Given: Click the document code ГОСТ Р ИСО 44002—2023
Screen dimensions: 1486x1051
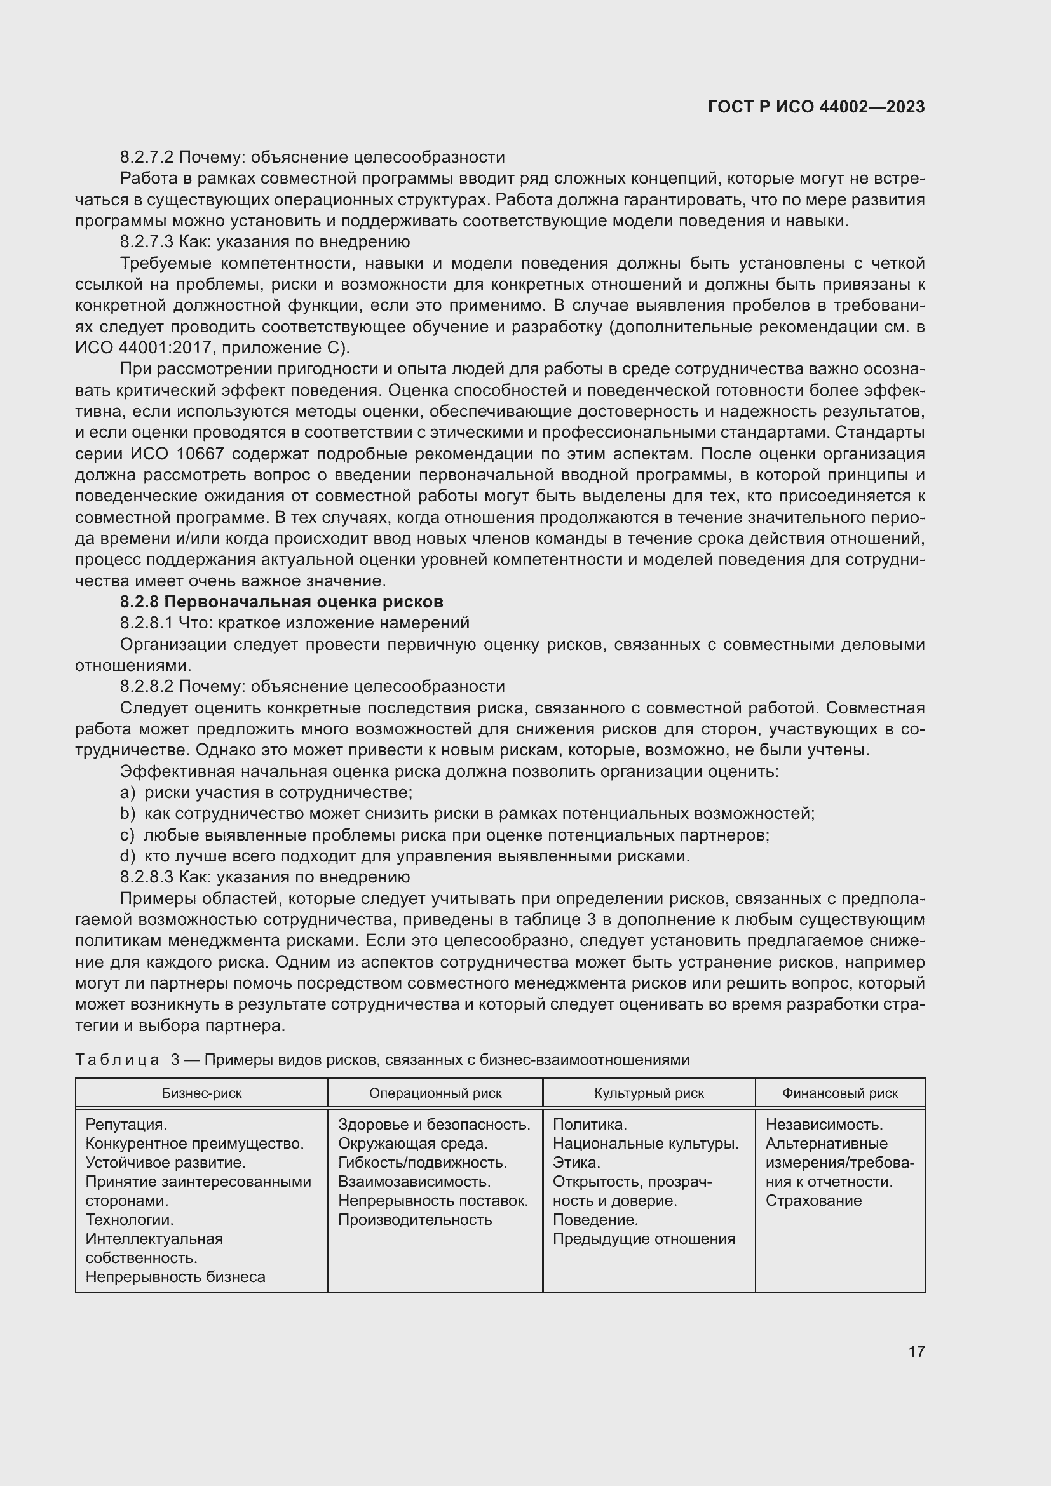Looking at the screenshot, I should (816, 107).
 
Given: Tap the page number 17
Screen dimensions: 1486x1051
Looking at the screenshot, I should (916, 1351).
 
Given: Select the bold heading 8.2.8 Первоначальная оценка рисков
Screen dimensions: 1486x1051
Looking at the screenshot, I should (281, 602).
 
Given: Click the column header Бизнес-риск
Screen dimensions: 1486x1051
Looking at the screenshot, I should (201, 1093).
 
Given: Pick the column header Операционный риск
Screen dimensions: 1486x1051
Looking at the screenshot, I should (435, 1093).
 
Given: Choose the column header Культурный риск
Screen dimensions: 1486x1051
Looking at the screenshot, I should (649, 1093).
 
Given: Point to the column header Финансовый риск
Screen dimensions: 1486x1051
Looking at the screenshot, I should (839, 1093).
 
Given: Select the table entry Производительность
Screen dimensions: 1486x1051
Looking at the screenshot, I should (415, 1219).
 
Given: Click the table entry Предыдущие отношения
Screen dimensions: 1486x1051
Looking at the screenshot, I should (643, 1239).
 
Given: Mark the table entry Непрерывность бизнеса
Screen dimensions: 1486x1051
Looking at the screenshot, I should (175, 1277).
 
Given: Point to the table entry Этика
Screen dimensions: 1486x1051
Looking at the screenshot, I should (576, 1163).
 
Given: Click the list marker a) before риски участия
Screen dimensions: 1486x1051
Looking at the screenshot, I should (128, 793).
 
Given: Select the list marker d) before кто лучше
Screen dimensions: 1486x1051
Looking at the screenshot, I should (128, 856).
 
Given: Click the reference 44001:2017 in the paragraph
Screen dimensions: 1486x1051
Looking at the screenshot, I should (165, 348).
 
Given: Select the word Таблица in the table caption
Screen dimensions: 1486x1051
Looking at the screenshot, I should (117, 1060).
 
